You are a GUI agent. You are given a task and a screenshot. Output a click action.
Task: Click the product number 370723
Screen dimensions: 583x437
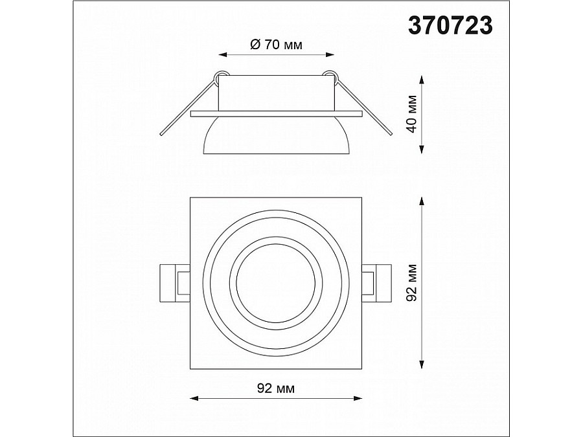tap(450, 26)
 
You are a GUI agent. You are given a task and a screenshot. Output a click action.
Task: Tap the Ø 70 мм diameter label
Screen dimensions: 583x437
tap(276, 45)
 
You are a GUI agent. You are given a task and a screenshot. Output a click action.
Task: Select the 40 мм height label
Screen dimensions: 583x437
tap(412, 114)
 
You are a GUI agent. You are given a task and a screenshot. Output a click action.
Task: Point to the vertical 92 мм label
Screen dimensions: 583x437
tap(412, 282)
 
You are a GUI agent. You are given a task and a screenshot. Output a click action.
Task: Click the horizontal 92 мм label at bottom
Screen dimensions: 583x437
tap(276, 388)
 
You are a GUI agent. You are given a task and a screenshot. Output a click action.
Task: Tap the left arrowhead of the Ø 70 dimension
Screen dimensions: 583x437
tap(223, 54)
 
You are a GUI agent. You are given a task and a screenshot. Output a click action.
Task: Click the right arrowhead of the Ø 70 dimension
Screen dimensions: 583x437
tap(330, 54)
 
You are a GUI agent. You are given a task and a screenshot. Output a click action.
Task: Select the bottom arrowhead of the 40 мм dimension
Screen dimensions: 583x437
tap(421, 149)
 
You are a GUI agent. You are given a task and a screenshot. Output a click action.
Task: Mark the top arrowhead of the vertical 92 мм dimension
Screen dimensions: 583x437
tap(421, 201)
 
